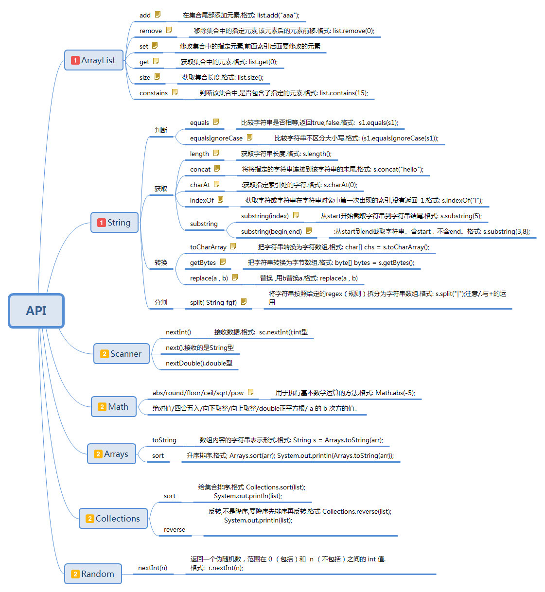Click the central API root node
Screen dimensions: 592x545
coord(36,311)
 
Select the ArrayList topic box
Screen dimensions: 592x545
coord(94,60)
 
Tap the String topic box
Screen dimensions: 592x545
coord(114,223)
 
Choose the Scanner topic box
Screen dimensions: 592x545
coord(121,354)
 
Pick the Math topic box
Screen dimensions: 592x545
coord(114,407)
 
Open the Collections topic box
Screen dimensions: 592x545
coord(113,519)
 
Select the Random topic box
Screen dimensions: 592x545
coord(93,574)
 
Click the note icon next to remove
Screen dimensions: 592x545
coord(169,30)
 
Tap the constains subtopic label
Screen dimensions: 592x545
coord(154,93)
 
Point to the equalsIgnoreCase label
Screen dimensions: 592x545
coord(216,138)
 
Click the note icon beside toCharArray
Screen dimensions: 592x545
coord(233,246)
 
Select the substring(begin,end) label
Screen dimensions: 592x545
coord(271,231)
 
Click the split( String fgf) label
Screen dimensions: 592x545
coord(213,302)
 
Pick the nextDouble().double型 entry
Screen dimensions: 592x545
coord(199,363)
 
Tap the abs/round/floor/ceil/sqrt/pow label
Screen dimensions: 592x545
coord(198,393)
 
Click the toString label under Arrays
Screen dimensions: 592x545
coord(164,440)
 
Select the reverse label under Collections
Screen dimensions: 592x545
coord(175,529)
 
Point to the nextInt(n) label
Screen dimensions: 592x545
coord(153,568)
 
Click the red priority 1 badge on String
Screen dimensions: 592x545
coord(101,223)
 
